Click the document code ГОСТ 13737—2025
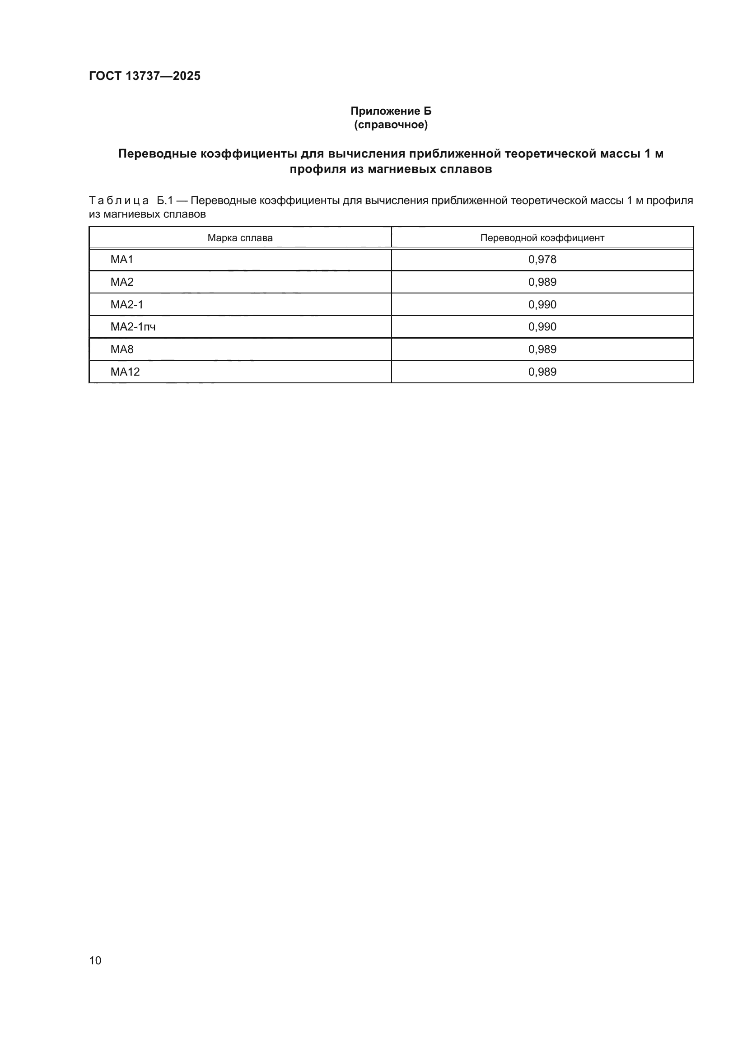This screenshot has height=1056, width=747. coord(145,76)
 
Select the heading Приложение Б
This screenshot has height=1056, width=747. coord(391,111)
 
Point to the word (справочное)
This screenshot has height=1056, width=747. coord(391,125)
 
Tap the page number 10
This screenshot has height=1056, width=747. coord(95,960)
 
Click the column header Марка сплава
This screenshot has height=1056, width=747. coord(240,238)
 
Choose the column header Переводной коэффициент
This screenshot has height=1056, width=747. coord(542,238)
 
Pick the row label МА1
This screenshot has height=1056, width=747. coord(122,260)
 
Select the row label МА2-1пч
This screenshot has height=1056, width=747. coord(133,326)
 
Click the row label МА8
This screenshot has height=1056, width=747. coord(122,349)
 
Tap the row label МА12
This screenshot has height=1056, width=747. coord(125,372)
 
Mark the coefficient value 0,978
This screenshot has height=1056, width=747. coord(542,260)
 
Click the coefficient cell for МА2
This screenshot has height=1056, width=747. coord(542,282)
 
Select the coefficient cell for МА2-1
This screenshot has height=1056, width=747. coord(542,304)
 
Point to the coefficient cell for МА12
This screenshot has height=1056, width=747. coord(542,372)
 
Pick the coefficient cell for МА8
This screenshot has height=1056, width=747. coord(542,349)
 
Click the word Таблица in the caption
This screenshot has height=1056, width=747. coord(119,200)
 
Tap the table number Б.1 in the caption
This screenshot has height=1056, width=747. coord(165,200)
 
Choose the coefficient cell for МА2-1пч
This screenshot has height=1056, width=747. coord(542,326)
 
